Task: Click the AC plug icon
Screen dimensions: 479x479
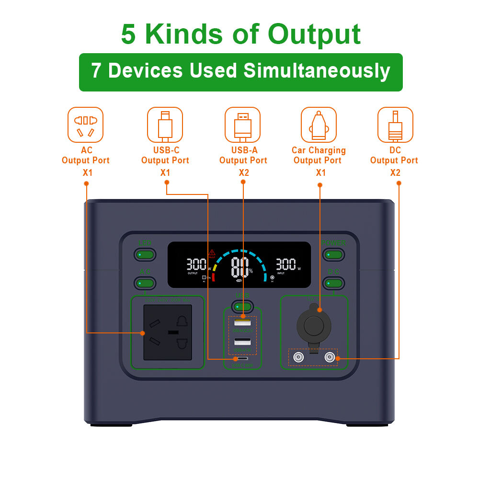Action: pyautogui.click(x=86, y=125)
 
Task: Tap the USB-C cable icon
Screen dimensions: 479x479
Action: pyautogui.click(x=165, y=125)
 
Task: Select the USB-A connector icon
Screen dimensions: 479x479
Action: pyautogui.click(x=243, y=125)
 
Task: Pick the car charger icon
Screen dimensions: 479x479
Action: pyautogui.click(x=319, y=125)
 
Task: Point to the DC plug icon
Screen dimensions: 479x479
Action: pyautogui.click(x=395, y=125)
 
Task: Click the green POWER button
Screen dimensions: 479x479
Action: pyautogui.click(x=333, y=254)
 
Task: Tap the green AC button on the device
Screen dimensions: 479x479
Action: pyautogui.click(x=145, y=283)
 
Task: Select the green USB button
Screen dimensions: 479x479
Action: pyautogui.click(x=243, y=306)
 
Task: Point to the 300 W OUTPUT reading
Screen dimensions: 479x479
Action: pyautogui.click(x=196, y=264)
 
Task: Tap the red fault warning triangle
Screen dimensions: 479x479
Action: pyautogui.click(x=212, y=252)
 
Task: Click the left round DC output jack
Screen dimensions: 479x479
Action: pyautogui.click(x=298, y=357)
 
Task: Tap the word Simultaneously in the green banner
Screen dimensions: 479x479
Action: pyautogui.click(x=317, y=71)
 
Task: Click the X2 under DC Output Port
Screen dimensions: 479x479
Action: pyautogui.click(x=395, y=172)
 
